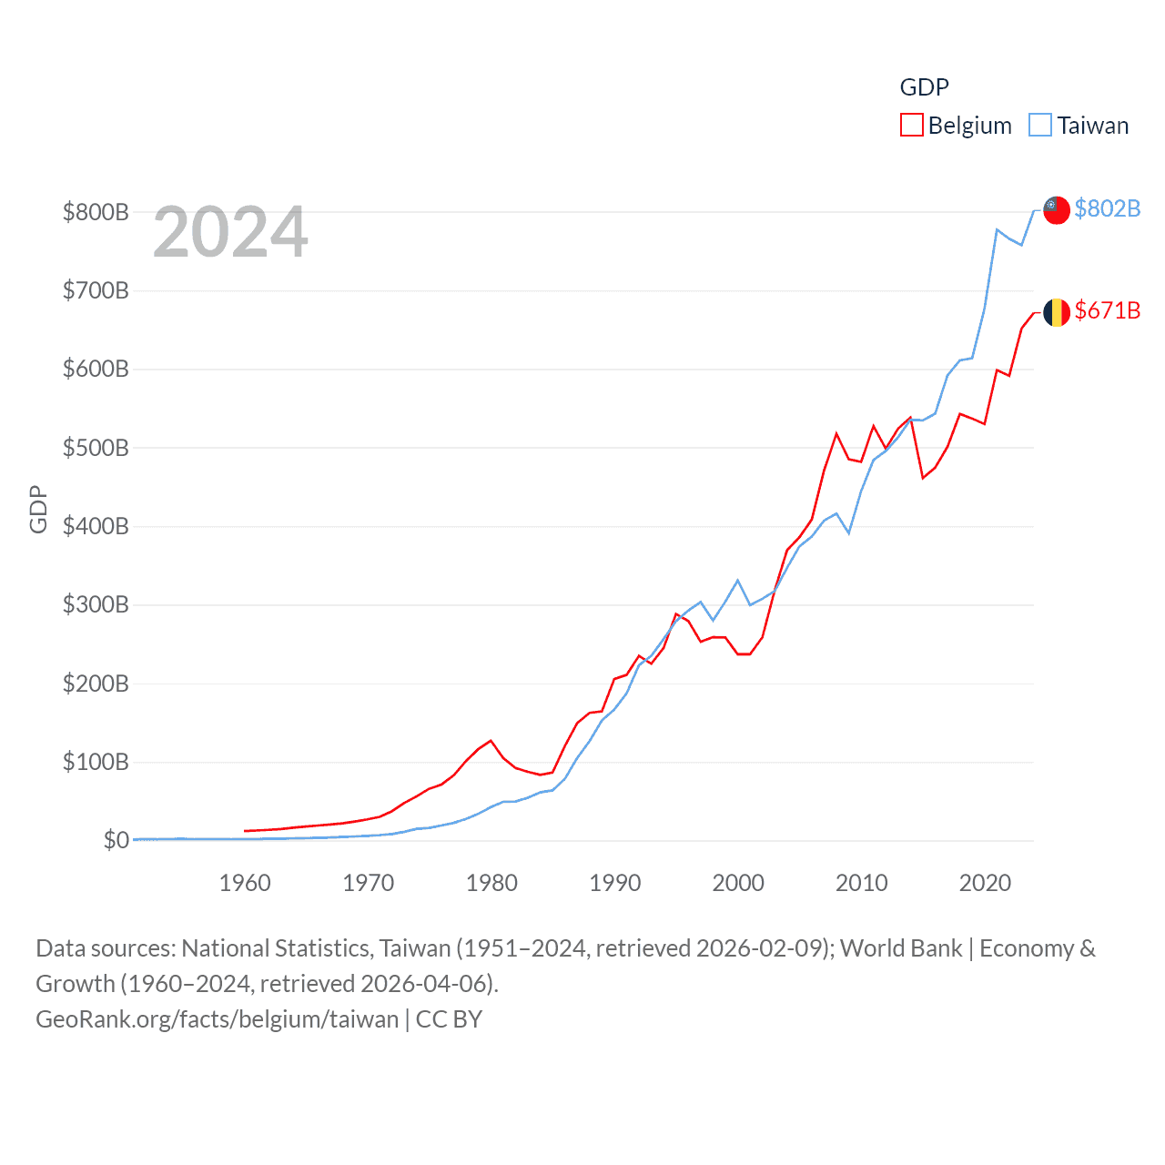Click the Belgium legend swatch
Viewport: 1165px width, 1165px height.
(x=911, y=125)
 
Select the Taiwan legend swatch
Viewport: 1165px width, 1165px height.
(x=1040, y=125)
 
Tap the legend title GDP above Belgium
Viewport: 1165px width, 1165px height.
(x=924, y=87)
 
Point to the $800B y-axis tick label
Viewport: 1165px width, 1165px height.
(x=96, y=212)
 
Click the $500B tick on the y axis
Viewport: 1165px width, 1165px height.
(x=96, y=448)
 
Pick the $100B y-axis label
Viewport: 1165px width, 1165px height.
(x=96, y=762)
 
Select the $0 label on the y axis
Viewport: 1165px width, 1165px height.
(x=116, y=840)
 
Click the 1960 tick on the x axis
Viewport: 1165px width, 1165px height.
(x=245, y=883)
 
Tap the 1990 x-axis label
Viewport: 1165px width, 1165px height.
(x=615, y=883)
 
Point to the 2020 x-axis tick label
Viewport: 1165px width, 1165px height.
(x=985, y=883)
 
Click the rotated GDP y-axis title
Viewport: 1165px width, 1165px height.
(x=38, y=509)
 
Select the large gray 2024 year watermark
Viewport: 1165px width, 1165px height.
(x=230, y=232)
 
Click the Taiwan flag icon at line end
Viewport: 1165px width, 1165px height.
(x=1056, y=210)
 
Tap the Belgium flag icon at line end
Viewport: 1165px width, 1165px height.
(x=1056, y=312)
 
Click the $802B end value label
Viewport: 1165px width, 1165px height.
(x=1107, y=208)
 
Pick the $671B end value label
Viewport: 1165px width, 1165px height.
(x=1107, y=310)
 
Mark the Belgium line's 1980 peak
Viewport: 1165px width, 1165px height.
(x=491, y=740)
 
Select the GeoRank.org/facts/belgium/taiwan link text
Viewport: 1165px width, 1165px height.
(x=217, y=1019)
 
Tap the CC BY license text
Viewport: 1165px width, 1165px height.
(x=449, y=1019)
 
